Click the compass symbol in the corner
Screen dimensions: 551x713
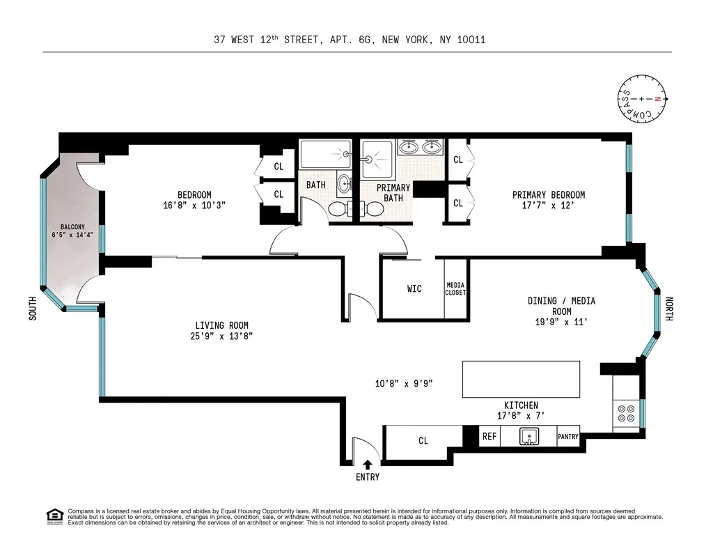click(x=641, y=100)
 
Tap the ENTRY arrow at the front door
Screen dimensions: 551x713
click(x=368, y=465)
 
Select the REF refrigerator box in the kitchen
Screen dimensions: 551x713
click(x=489, y=437)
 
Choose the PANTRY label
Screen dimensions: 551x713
click(x=568, y=437)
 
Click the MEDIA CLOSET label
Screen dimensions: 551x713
click(x=455, y=289)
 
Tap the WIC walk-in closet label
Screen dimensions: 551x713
click(x=414, y=289)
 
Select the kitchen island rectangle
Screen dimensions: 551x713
click(x=522, y=379)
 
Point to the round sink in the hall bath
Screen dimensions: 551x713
click(x=345, y=185)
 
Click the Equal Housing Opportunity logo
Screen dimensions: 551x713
click(x=54, y=516)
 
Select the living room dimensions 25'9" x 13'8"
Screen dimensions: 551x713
click(x=221, y=336)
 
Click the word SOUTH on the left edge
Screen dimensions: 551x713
click(x=32, y=309)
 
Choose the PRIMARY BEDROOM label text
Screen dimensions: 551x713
click(x=549, y=195)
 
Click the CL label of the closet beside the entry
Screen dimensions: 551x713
click(x=423, y=441)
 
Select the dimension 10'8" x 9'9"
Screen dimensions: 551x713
click(x=404, y=383)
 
